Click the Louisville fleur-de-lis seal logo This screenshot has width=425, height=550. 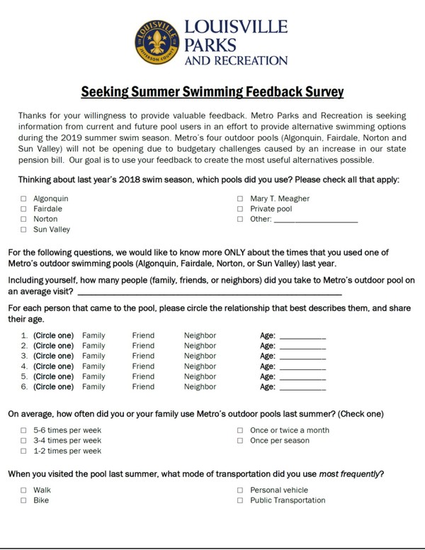[158, 42]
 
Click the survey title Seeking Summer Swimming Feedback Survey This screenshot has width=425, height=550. [212, 92]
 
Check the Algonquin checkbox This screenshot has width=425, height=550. [23, 199]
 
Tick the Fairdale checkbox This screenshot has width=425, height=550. [23, 209]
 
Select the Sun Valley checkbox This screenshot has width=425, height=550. [23, 230]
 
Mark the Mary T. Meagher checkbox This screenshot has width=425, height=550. [240, 199]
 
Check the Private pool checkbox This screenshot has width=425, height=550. [240, 209]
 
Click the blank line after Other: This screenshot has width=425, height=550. [314, 220]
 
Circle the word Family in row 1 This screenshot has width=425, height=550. [93, 335]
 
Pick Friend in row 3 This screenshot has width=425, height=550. [143, 356]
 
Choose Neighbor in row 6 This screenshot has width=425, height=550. [200, 387]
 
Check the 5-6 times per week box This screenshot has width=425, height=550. [23, 430]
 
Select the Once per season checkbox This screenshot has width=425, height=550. [240, 441]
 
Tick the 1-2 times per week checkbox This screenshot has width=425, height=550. [23, 451]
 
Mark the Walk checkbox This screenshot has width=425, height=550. [23, 490]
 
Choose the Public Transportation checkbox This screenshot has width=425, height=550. [240, 500]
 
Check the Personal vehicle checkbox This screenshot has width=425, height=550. [240, 490]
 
